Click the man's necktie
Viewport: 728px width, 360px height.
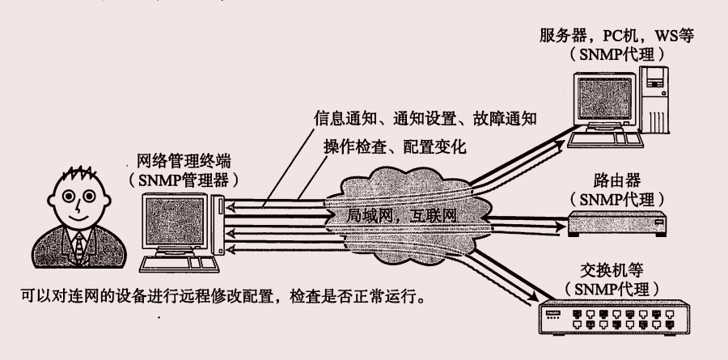(79, 244)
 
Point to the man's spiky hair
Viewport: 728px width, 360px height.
(78, 174)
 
